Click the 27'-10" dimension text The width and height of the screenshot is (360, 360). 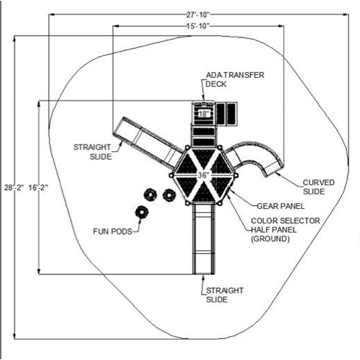coord(198,14)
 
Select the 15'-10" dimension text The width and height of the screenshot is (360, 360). coord(198,26)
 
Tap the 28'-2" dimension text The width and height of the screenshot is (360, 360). coord(14,187)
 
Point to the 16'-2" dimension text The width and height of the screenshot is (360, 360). coord(38,187)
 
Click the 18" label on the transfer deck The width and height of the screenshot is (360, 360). coord(203,114)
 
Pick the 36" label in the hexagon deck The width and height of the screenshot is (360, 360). coord(204,176)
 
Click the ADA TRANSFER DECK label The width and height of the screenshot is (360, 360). coord(235,79)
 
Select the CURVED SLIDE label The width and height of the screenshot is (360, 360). coord(318,187)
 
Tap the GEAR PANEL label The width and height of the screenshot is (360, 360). coord(281,206)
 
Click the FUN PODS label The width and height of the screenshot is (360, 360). coord(112,232)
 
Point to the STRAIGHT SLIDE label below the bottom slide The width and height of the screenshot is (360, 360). coord(225,295)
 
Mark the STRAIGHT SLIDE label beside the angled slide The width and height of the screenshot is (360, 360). coord(92,152)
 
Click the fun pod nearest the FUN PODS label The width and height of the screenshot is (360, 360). coord(142,212)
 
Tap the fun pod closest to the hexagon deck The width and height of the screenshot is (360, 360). coord(169,195)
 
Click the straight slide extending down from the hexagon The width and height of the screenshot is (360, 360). coord(204,239)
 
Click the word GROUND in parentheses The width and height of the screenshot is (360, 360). coord(270,239)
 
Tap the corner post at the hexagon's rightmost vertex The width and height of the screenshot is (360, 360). coord(236,176)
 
